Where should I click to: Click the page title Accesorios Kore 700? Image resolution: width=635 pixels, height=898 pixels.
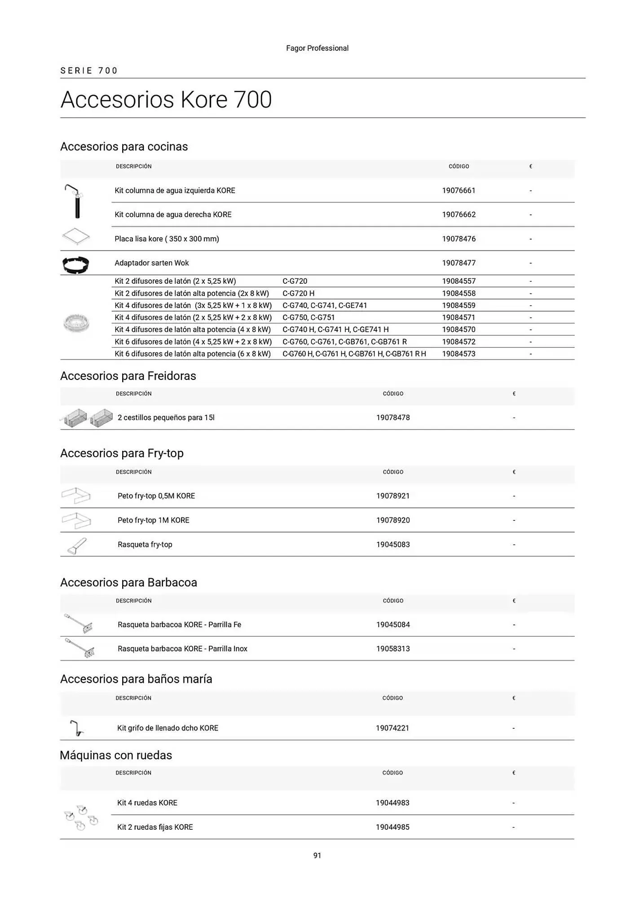point(166,100)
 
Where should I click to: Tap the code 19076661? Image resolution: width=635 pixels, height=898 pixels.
point(459,190)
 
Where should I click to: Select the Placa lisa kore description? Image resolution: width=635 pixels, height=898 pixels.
point(167,239)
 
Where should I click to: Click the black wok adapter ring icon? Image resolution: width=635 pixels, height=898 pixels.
point(75,265)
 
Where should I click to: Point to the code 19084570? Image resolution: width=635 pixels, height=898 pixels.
point(459,330)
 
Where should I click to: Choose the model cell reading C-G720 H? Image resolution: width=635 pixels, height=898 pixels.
point(298,293)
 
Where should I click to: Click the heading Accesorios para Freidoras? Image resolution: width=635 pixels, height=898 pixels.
point(128,376)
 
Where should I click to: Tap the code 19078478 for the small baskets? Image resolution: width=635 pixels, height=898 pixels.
point(393,418)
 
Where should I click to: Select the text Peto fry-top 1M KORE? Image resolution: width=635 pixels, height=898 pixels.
point(154,520)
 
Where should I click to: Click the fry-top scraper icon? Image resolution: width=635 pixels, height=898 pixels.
point(77,546)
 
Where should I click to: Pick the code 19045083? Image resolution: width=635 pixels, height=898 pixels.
point(393,544)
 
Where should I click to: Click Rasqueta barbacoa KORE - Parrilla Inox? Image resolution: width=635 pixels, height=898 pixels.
point(182,648)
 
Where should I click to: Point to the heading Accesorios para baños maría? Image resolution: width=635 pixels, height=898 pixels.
point(136,679)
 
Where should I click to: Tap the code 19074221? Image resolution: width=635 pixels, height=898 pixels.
point(392,728)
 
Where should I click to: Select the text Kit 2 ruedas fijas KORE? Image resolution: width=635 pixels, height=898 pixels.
point(155,827)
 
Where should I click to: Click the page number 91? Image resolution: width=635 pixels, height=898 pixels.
point(317,855)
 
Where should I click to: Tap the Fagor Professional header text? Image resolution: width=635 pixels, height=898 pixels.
point(317,48)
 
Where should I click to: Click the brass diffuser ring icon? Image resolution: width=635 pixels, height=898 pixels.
point(76,323)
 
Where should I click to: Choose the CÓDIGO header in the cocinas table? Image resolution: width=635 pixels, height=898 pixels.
point(459,167)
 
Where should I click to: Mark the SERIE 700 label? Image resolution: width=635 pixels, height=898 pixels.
point(89,70)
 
